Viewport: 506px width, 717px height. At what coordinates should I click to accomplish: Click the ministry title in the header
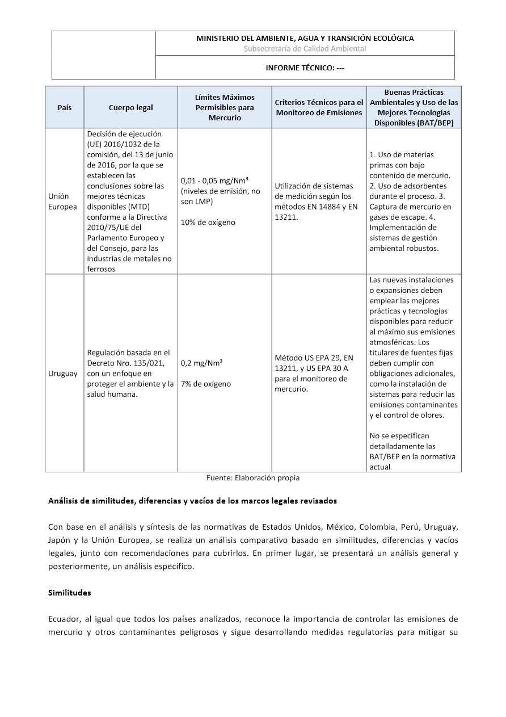tap(305, 38)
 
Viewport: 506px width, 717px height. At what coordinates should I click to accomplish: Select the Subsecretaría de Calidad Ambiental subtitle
tap(305, 48)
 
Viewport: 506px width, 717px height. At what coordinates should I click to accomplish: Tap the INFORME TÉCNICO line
tap(305, 68)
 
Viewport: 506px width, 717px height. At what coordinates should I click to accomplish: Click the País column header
tap(64, 107)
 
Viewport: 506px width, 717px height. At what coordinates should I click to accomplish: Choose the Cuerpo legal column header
tap(130, 107)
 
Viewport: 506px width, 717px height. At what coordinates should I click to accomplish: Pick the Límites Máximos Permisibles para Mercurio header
tap(225, 107)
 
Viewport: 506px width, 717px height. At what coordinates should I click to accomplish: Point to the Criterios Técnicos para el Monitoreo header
tap(319, 107)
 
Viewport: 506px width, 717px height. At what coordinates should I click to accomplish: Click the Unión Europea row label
tap(62, 201)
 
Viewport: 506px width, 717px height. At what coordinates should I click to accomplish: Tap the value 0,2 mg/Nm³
tap(201, 363)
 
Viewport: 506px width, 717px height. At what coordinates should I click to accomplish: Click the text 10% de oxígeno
tap(208, 222)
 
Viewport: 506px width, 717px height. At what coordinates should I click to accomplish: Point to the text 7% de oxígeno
tap(206, 384)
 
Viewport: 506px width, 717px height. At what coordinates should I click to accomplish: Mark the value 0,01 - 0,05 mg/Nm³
tap(214, 181)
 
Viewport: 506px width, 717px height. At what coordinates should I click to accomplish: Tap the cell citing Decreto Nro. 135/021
tap(130, 374)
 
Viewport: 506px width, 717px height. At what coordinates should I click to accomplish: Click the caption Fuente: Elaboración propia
tap(253, 478)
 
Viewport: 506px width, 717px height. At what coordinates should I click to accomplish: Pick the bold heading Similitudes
tap(69, 593)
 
